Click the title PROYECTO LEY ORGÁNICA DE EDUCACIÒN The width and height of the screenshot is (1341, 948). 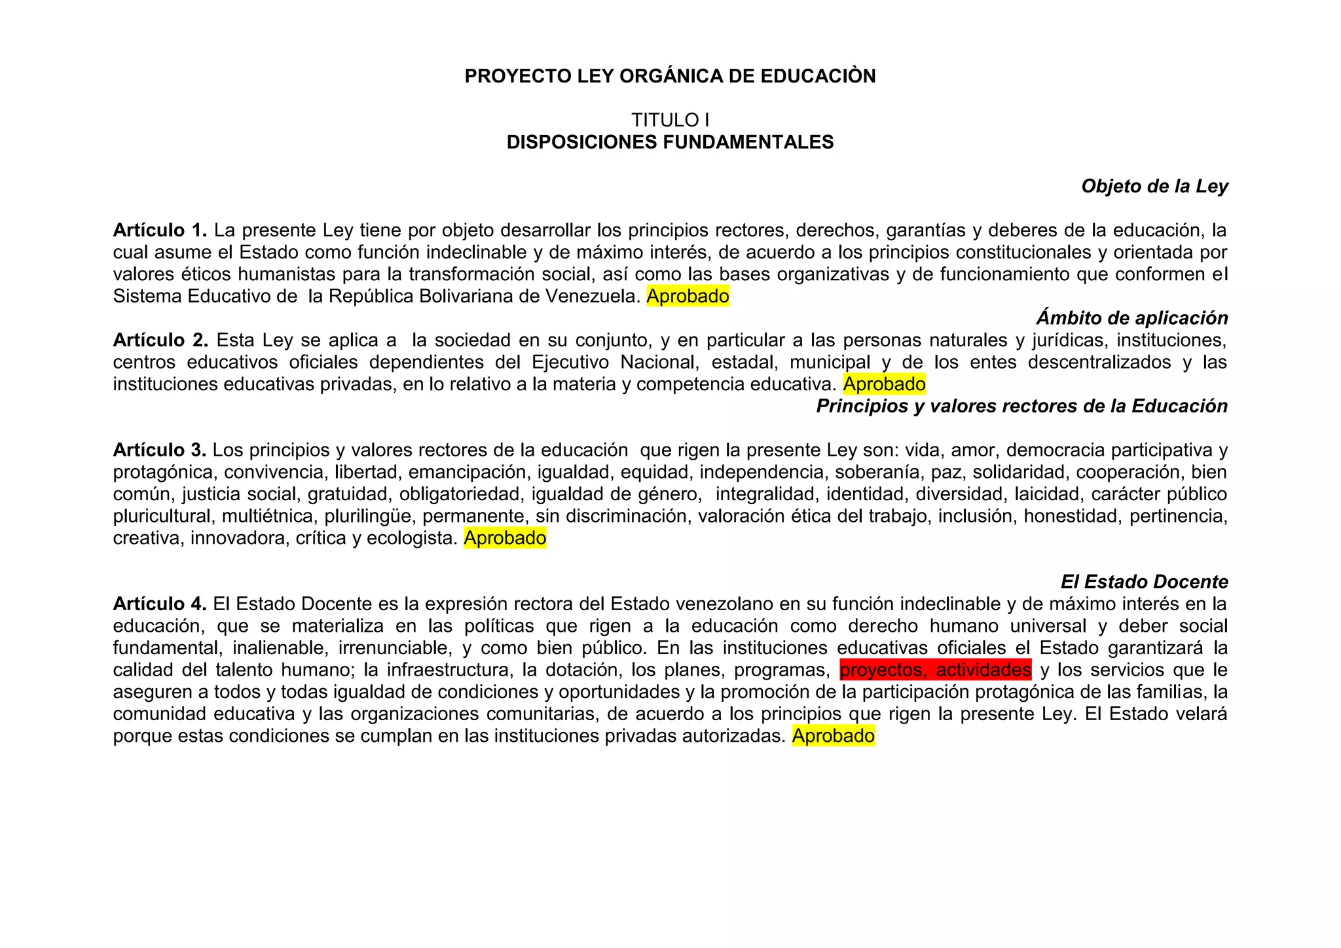pyautogui.click(x=670, y=77)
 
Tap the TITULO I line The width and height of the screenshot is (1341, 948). pyautogui.click(x=670, y=120)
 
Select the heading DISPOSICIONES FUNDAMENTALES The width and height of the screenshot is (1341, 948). pyautogui.click(x=670, y=142)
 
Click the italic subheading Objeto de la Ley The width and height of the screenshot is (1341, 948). pyautogui.click(x=1154, y=187)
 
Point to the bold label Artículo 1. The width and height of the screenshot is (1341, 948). pyautogui.click(x=160, y=230)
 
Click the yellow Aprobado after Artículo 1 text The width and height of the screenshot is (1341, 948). pyautogui.click(x=688, y=297)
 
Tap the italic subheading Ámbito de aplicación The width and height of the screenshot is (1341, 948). pyautogui.click(x=1131, y=318)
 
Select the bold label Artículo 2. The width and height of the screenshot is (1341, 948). pyautogui.click(x=160, y=340)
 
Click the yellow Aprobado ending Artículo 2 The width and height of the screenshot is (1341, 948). pyautogui.click(x=884, y=384)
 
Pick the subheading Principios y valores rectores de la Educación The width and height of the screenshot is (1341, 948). pyautogui.click(x=1021, y=407)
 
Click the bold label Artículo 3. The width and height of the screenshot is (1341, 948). pyautogui.click(x=160, y=450)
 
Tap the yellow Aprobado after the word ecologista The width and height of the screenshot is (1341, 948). pyautogui.click(x=505, y=538)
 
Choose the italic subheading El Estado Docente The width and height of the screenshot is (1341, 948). pyautogui.click(x=1144, y=582)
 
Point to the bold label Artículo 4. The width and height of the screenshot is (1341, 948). pyautogui.click(x=160, y=604)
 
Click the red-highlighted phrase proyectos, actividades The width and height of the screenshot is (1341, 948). pyautogui.click(x=935, y=670)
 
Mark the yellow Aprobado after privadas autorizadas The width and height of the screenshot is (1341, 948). pyautogui.click(x=833, y=736)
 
